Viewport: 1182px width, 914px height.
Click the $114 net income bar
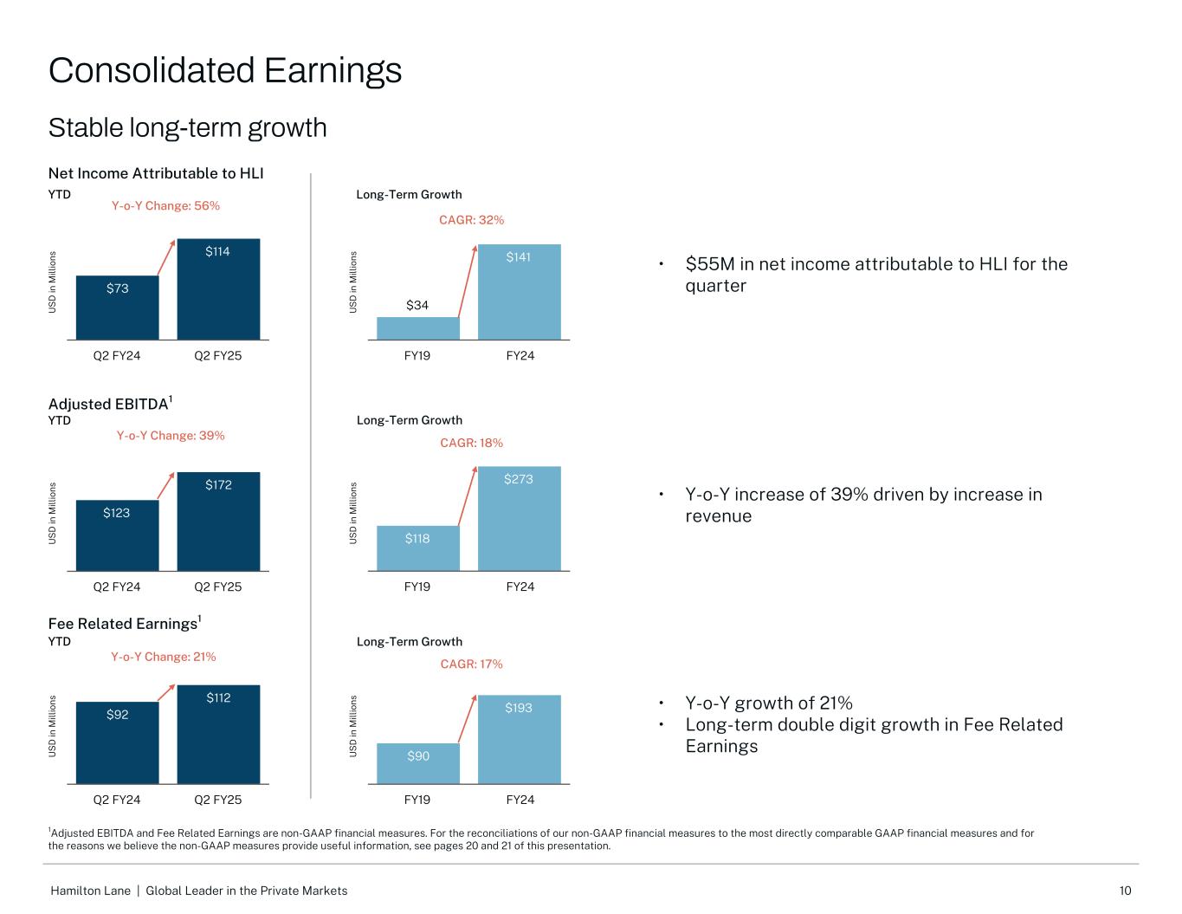tap(218, 289)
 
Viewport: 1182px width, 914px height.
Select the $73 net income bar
tap(117, 308)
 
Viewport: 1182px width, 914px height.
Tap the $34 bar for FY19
tap(417, 328)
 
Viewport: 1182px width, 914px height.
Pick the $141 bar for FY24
tap(520, 292)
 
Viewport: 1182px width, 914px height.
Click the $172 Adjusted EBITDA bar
tap(218, 522)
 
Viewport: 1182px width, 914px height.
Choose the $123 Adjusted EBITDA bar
tap(117, 535)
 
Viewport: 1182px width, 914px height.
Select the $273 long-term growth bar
tap(520, 518)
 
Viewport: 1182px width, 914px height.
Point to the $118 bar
tap(417, 548)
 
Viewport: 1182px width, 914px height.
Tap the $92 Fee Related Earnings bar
tap(117, 742)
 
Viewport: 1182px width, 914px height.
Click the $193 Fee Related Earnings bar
tap(520, 739)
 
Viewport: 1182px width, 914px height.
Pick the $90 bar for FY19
tap(417, 763)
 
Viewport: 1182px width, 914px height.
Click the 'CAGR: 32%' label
tap(471, 220)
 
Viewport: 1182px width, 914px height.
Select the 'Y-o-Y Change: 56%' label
tap(165, 206)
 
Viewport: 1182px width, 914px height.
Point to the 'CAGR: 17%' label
tap(471, 664)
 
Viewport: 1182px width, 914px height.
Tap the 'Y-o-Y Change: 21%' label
tap(163, 657)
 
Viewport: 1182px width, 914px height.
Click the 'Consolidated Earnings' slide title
tap(225, 70)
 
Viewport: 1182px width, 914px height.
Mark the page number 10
tap(1125, 891)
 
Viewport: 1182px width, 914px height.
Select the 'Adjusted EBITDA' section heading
tap(108, 405)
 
